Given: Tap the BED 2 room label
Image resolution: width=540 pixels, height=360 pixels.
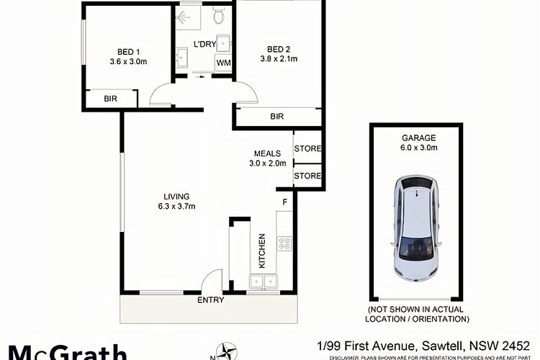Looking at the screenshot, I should (277, 50).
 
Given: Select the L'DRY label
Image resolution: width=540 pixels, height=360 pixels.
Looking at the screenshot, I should (205, 45).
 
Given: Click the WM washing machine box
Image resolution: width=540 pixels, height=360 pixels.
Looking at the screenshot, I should (224, 63).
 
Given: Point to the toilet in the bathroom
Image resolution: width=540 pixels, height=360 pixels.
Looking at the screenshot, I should (219, 13).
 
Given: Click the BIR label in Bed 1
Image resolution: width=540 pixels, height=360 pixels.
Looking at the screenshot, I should (112, 99).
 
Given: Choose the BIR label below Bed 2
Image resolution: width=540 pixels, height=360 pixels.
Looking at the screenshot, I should (276, 116).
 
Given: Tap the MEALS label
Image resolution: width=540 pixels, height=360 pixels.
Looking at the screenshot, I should (267, 153).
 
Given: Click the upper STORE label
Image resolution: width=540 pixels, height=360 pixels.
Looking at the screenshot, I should (307, 149).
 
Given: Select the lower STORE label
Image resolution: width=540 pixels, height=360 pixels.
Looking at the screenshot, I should (307, 175).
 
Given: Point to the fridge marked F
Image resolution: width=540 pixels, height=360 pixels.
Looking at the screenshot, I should (285, 202).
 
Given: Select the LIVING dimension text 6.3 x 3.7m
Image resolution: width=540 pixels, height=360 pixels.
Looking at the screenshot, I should (176, 207).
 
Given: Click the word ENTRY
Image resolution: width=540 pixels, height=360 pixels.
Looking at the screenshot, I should (210, 300).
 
